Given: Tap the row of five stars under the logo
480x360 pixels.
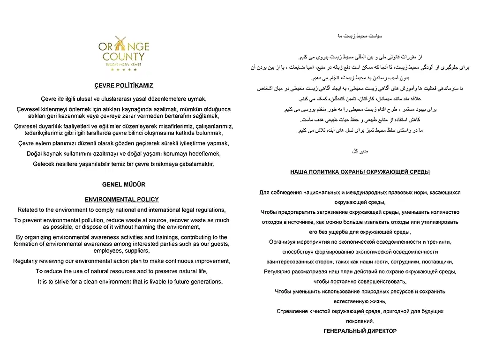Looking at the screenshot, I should click(x=124, y=70).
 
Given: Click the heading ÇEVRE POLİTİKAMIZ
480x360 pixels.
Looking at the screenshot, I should click(x=124, y=85).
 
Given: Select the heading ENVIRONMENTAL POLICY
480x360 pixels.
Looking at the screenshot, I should click(x=122, y=199).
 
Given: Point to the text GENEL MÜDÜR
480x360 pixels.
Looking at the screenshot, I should click(x=124, y=185).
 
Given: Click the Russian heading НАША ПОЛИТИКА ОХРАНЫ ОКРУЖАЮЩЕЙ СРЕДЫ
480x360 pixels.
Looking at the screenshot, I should click(x=360, y=172).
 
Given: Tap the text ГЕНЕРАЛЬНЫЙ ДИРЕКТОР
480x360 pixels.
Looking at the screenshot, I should click(x=360, y=331).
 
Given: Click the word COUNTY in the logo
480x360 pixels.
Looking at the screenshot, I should click(x=124, y=57).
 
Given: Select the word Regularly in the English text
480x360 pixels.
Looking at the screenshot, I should click(x=26, y=261).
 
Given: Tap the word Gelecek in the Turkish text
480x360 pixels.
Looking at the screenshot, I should click(x=44, y=164).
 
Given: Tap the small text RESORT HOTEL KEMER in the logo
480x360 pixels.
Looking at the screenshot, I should click(x=124, y=64).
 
